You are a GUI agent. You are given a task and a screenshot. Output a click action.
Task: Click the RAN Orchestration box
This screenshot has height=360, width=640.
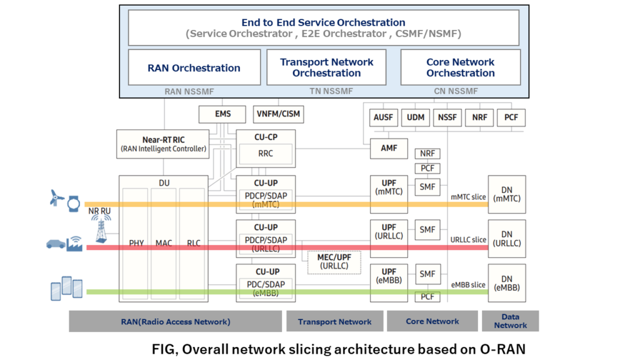click(194, 67)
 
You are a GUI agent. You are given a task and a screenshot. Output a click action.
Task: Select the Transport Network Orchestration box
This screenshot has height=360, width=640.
click(326, 67)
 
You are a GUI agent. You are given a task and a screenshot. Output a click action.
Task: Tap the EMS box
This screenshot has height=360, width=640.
click(222, 114)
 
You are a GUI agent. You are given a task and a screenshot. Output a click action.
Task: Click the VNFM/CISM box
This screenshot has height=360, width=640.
click(278, 114)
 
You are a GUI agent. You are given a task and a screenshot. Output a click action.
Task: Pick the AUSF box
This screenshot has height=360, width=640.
click(383, 117)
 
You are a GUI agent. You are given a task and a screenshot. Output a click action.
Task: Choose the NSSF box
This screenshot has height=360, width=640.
click(447, 117)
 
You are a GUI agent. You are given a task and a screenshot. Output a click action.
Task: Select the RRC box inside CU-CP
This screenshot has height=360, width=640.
click(265, 153)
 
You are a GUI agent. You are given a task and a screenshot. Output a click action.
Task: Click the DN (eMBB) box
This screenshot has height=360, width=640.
click(506, 283)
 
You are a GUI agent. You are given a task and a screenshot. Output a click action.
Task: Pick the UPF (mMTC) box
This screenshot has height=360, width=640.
click(389, 187)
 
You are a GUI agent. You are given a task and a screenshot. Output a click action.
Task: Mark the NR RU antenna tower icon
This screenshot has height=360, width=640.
click(99, 232)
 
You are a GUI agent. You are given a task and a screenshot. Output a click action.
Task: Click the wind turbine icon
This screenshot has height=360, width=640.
click(56, 199)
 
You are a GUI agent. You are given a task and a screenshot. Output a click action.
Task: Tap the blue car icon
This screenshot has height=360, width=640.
click(56, 244)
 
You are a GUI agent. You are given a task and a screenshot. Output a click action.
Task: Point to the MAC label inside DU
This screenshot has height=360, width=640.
click(163, 243)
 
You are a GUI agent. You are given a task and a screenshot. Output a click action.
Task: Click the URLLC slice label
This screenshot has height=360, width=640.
click(468, 240)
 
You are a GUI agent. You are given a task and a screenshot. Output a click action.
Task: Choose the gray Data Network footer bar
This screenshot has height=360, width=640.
click(510, 321)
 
